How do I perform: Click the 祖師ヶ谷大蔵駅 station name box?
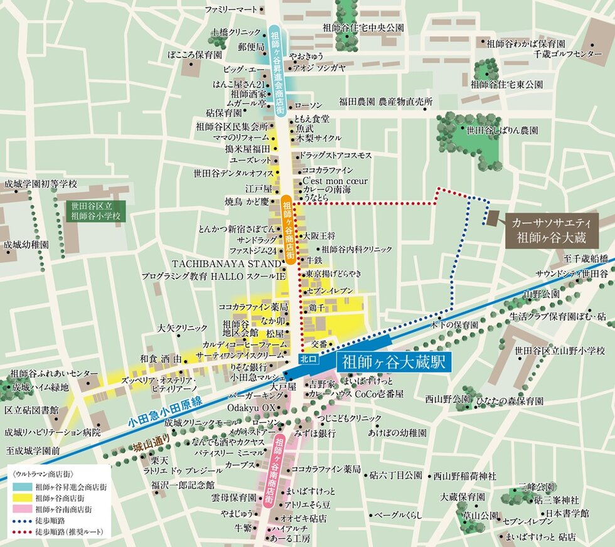pos(393,363)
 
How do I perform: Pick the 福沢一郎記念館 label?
pos(183,484)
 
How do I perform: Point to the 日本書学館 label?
pos(567,512)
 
